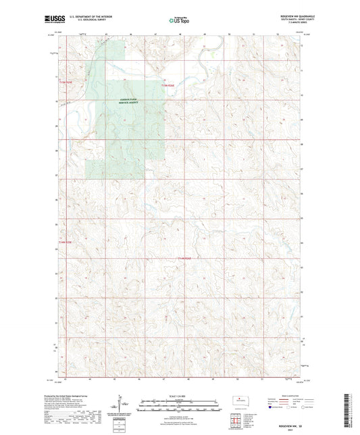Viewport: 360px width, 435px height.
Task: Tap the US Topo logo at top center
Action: pyautogui.click(x=178, y=20)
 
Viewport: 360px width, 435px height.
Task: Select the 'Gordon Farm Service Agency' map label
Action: pyautogui.click(x=124, y=101)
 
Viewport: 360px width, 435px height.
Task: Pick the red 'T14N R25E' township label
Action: pyautogui.click(x=64, y=241)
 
